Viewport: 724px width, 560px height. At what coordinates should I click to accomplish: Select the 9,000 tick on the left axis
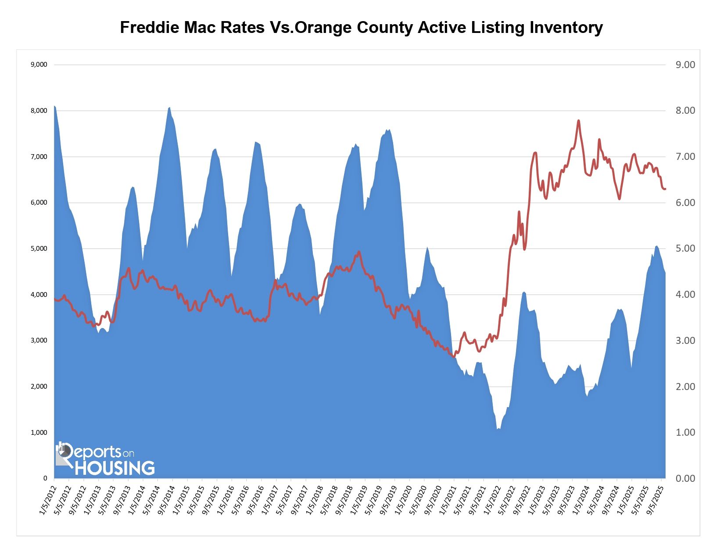pyautogui.click(x=39, y=65)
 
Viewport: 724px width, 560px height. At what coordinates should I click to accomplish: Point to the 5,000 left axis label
pyautogui.click(x=39, y=249)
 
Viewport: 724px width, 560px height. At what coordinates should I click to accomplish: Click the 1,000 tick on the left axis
pyautogui.click(x=39, y=433)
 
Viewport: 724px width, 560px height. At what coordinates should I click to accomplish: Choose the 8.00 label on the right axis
pyautogui.click(x=685, y=111)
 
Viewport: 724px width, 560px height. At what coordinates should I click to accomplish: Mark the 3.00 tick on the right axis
pyautogui.click(x=685, y=341)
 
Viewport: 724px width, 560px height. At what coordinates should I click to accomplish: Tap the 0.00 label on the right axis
pyautogui.click(x=685, y=479)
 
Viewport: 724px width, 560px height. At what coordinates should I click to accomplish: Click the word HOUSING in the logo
pyautogui.click(x=115, y=468)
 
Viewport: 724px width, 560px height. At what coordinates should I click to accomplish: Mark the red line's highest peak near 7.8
pyautogui.click(x=579, y=120)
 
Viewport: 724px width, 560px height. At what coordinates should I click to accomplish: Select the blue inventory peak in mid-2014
pyautogui.click(x=169, y=108)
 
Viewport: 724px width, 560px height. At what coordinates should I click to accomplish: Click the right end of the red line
pyautogui.click(x=665, y=189)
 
